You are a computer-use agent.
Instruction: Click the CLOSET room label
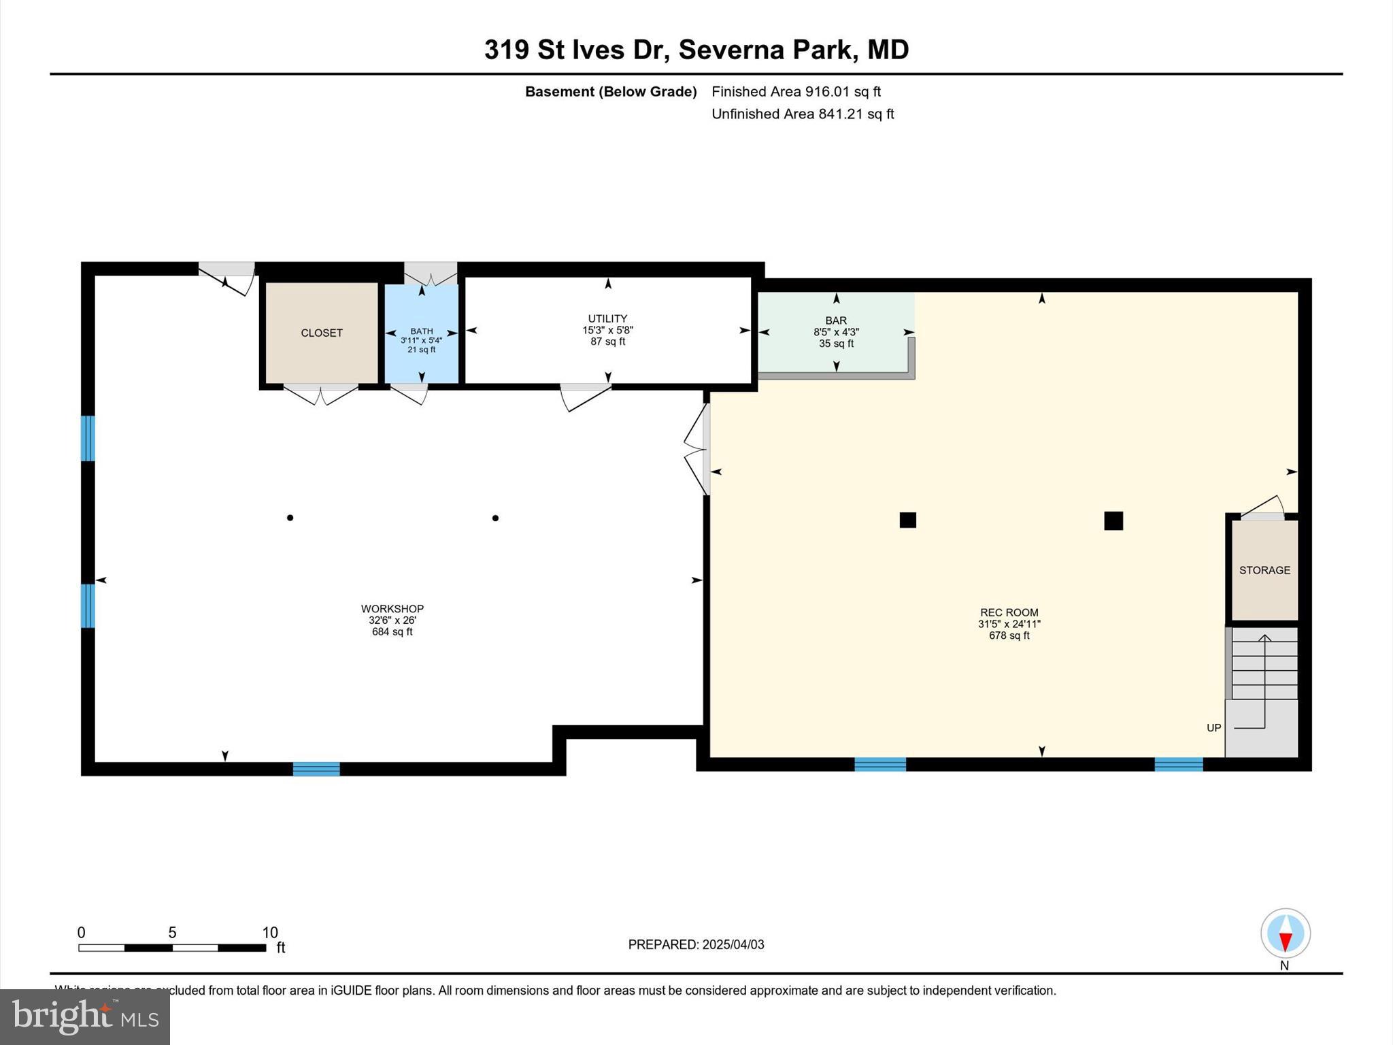coord(322,333)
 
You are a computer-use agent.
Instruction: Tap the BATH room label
coord(422,331)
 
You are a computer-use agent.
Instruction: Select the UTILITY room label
coord(607,318)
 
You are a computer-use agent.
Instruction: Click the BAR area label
coord(836,320)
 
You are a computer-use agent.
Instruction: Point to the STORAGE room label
coord(1264,570)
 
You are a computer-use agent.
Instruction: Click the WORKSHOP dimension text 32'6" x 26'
coord(392,620)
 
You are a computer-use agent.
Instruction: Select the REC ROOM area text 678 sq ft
coord(1009,635)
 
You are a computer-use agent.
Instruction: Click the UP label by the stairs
coord(1213,728)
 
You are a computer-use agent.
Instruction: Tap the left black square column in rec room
coord(907,520)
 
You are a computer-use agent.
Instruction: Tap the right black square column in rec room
coord(1113,520)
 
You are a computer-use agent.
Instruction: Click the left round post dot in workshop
coord(290,518)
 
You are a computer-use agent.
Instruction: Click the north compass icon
coord(1285,933)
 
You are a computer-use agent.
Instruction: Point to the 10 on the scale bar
coord(270,933)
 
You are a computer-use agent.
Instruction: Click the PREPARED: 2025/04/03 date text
coord(696,944)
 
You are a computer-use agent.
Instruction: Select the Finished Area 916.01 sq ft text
coord(796,91)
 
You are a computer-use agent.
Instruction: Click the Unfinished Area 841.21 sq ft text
coord(803,114)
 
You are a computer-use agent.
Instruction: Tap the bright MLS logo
coord(85,1016)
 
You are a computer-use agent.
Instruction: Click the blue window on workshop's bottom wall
coord(316,769)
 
